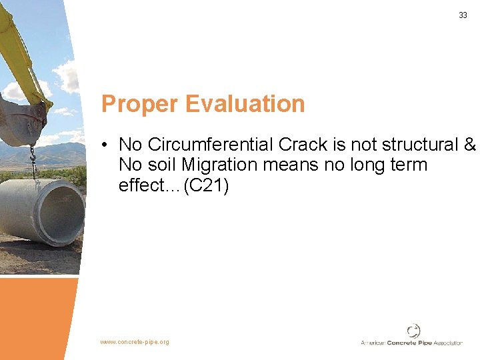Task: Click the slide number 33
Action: [x=463, y=15]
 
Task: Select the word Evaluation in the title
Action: [x=245, y=104]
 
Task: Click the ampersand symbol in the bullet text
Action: [x=469, y=145]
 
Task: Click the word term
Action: [x=405, y=165]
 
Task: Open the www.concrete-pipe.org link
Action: [x=135, y=342]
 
